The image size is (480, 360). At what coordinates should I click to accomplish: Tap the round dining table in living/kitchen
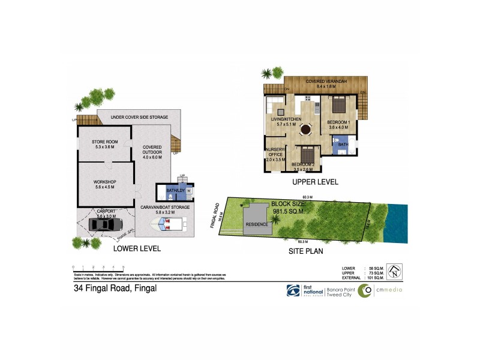[306, 128]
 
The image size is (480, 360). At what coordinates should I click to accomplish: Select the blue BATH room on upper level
[342, 145]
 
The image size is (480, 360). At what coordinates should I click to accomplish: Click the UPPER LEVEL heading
[315, 181]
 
